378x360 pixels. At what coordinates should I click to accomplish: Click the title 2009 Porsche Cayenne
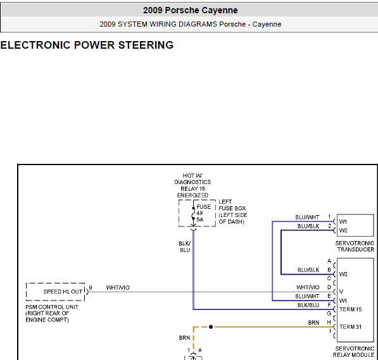pyautogui.click(x=190, y=10)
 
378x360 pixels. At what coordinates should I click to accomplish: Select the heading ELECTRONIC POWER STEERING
pyautogui.click(x=87, y=45)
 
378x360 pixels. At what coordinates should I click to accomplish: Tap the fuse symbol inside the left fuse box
pyautogui.click(x=193, y=213)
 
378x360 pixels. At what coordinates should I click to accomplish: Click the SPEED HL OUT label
pyautogui.click(x=63, y=292)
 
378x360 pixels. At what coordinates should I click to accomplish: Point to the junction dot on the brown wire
pyautogui.click(x=211, y=327)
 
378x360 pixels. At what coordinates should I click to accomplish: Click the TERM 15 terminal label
pyautogui.click(x=350, y=309)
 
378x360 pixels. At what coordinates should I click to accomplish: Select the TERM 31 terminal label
pyautogui.click(x=350, y=327)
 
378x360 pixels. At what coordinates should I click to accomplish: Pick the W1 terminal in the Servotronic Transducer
pyautogui.click(x=343, y=221)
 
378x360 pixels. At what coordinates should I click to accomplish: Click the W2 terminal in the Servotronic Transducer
pyautogui.click(x=343, y=230)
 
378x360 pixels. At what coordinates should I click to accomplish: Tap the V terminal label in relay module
pyautogui.click(x=341, y=292)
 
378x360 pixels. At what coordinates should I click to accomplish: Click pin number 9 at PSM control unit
pyautogui.click(x=91, y=288)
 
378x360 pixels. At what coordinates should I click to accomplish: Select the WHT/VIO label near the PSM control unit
pyautogui.click(x=118, y=287)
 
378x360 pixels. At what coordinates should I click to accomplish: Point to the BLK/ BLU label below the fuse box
pyautogui.click(x=185, y=247)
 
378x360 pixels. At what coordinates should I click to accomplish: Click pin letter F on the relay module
pyautogui.click(x=329, y=305)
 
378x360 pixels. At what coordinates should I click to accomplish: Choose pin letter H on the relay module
pyautogui.click(x=329, y=323)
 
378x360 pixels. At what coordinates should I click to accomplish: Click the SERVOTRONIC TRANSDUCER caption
pyautogui.click(x=355, y=246)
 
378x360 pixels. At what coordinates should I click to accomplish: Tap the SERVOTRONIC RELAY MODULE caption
pyautogui.click(x=354, y=352)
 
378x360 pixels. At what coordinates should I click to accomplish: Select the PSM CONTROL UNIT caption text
pyautogui.click(x=52, y=313)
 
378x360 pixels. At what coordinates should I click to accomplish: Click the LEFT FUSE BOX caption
pyautogui.click(x=233, y=212)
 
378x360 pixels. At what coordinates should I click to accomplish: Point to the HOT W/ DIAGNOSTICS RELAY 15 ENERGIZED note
pyautogui.click(x=192, y=185)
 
